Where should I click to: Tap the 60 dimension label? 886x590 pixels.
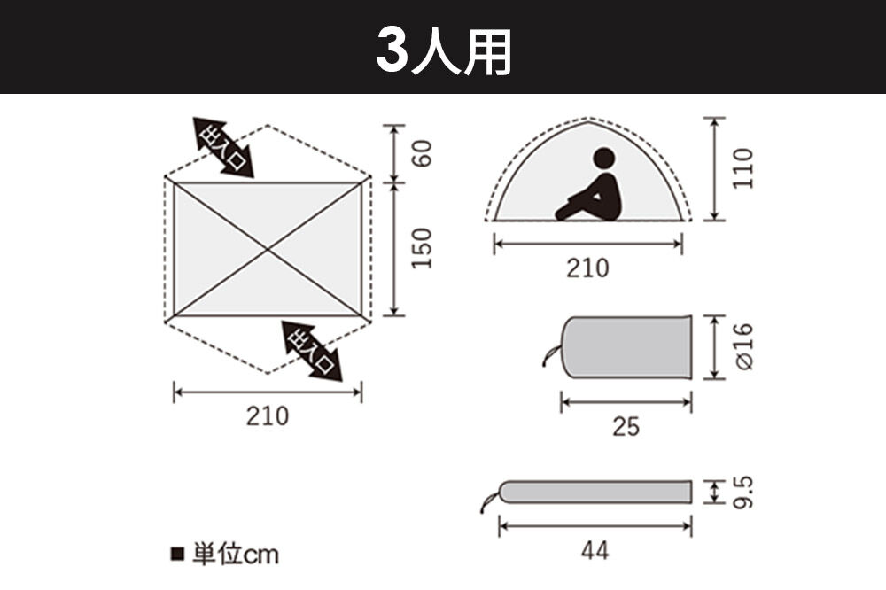tap(423, 152)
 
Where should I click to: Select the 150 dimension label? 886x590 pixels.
tap(423, 249)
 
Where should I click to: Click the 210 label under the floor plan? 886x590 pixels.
tap(267, 415)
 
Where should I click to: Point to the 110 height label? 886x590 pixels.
tap(743, 167)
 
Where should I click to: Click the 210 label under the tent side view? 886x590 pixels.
tap(588, 267)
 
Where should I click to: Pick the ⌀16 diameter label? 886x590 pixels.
tap(743, 346)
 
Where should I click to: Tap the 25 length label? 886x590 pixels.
tap(626, 427)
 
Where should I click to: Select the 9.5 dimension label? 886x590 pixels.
tap(743, 493)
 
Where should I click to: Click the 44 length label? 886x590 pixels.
tap(595, 551)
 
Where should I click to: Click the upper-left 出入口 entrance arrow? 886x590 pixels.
tap(223, 147)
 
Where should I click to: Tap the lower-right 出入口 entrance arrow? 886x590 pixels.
tap(312, 351)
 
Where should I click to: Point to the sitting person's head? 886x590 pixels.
tap(603, 159)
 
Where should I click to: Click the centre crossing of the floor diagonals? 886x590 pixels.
tap(268, 250)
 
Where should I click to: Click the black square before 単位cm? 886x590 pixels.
tap(175, 555)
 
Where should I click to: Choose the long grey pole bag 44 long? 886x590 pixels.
tap(595, 492)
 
